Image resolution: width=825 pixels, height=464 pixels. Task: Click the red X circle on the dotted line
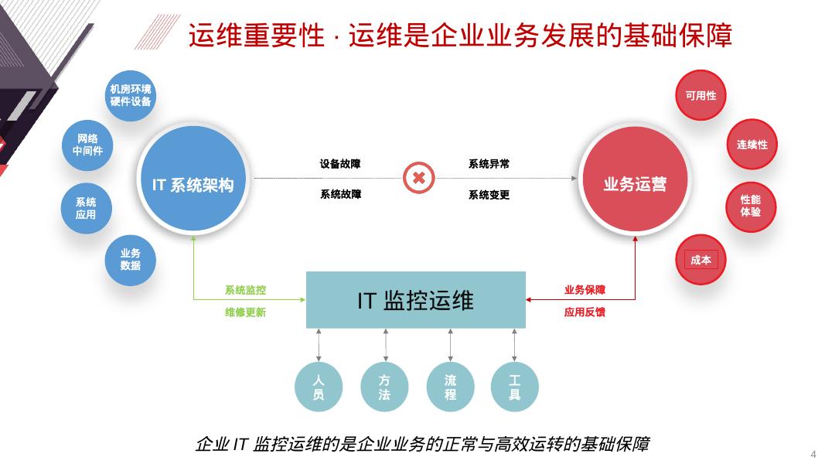point(418,179)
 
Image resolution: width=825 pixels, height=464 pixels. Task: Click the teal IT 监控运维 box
point(415,300)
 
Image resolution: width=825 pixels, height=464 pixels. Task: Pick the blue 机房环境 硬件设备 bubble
point(130,95)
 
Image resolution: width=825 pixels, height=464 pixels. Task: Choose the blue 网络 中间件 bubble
point(87,145)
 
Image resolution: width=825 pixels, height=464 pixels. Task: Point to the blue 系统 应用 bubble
point(86,208)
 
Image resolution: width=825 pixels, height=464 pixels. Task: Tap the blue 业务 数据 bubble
point(130,259)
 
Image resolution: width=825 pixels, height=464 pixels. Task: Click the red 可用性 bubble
point(701,96)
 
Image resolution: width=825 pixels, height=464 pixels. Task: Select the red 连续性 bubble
point(752,145)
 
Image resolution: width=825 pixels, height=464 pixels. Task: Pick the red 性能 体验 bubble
point(751,206)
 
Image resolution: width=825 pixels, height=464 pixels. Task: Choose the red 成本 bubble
point(701,260)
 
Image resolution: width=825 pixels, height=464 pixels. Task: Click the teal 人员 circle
point(318,387)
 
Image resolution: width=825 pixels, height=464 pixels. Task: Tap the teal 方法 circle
point(384,387)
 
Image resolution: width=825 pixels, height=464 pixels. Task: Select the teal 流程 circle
point(450,387)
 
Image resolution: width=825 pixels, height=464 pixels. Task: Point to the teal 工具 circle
point(514,387)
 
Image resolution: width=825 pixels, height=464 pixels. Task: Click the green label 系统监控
point(245,291)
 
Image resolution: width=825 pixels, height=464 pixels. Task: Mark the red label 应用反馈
point(585,312)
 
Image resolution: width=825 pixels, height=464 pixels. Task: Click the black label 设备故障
point(340,164)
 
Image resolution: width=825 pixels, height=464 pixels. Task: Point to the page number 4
point(813,454)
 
